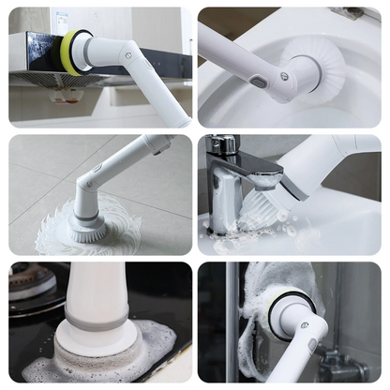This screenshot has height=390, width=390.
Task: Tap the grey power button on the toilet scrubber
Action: point(258,82)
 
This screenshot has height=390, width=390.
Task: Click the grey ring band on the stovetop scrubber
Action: point(97,322)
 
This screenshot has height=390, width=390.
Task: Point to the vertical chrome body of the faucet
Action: point(221,197)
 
